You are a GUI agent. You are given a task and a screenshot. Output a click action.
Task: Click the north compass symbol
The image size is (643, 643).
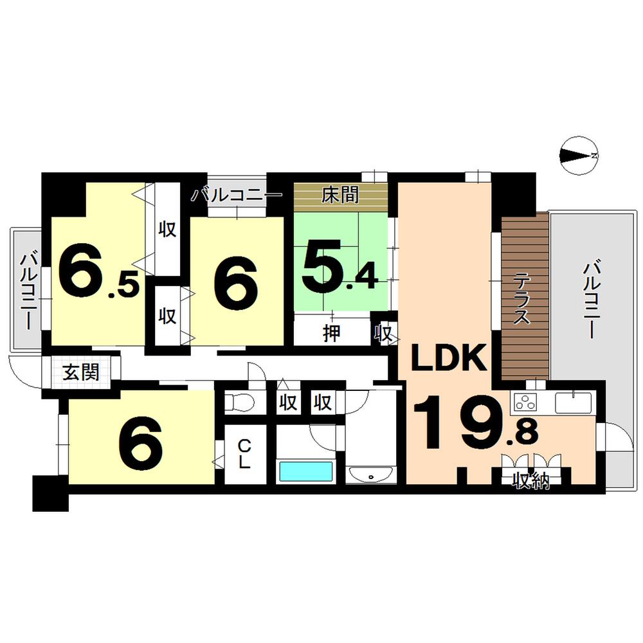(x=580, y=155)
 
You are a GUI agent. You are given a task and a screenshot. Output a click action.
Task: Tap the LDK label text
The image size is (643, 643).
(x=448, y=359)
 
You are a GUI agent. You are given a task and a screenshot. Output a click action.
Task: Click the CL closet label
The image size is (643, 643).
(x=244, y=453)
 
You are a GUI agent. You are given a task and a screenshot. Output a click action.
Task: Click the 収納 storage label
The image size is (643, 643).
(x=530, y=480)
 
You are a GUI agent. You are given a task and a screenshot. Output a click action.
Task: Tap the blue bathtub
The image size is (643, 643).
(x=305, y=471)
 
